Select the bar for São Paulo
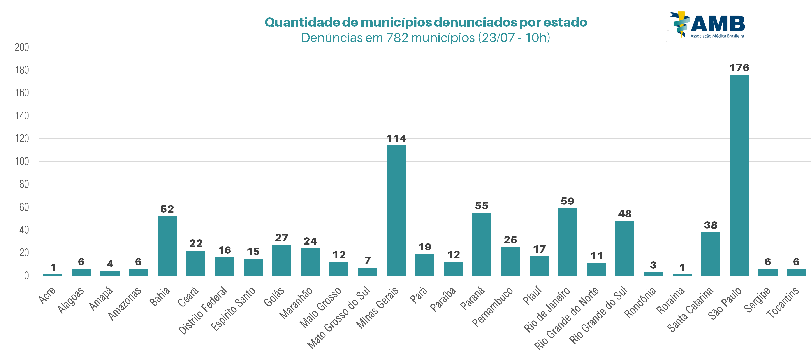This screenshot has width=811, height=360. coord(739,175)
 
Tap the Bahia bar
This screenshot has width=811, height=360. coord(167,246)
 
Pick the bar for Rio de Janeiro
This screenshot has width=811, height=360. coord(567,242)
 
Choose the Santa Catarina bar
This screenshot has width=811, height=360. coord(710,254)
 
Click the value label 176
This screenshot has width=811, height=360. coord(739,68)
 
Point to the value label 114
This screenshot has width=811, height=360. coord(396,138)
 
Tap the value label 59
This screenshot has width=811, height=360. coord(567,201)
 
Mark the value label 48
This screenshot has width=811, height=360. coord(625,214)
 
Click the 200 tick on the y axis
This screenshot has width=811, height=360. coord(22,47)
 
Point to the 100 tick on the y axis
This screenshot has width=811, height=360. coord(22,161)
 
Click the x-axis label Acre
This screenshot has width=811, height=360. coord(47,295)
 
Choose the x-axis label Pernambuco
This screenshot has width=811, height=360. coord(492,307)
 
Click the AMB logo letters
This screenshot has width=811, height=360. coord(718,24)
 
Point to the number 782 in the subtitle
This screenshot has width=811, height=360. coord(397,38)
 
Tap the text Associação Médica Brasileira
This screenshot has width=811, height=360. coord(717,36)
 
